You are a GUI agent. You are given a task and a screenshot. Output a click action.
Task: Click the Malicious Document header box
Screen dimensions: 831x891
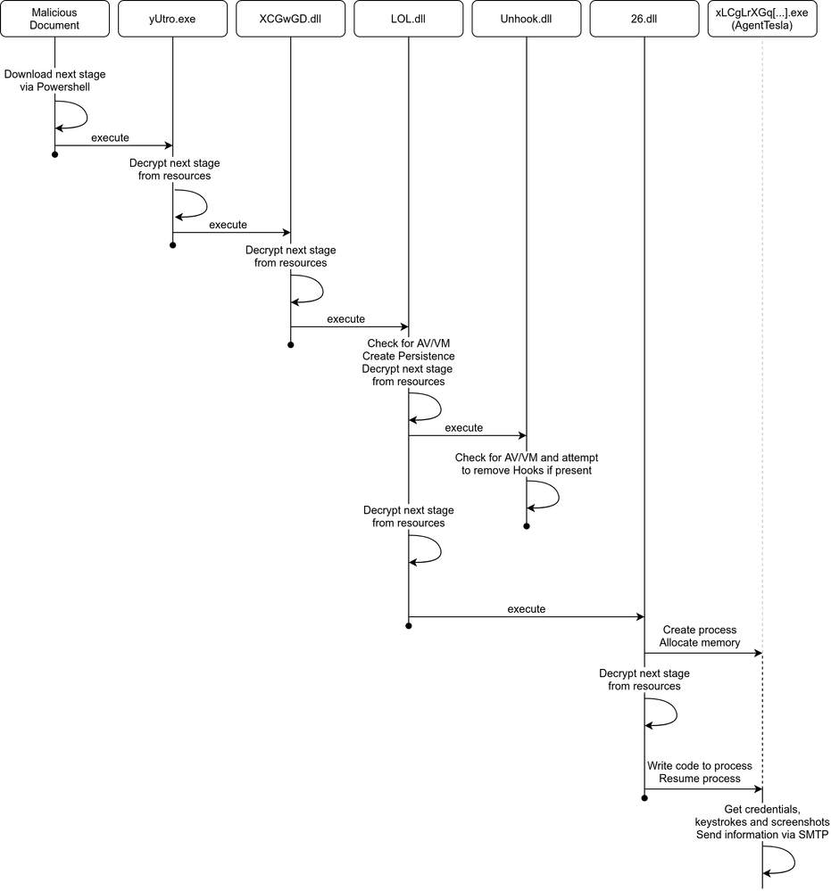[54, 19]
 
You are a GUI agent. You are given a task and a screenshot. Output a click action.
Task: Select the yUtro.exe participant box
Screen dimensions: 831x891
[172, 19]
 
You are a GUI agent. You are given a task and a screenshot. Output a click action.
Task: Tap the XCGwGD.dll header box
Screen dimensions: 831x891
[290, 19]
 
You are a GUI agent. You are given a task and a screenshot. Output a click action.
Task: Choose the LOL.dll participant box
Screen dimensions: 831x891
[408, 19]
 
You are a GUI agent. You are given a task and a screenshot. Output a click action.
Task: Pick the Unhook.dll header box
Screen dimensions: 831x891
[526, 19]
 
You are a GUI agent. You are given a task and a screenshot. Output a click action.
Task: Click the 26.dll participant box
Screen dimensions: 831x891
[644, 19]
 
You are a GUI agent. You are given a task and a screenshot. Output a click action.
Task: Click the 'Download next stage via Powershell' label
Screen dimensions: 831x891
[54, 80]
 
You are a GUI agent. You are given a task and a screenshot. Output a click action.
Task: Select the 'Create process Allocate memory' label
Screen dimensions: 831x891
[700, 636]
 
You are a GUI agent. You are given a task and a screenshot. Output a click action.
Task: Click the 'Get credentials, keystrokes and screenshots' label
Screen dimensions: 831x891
[761, 821]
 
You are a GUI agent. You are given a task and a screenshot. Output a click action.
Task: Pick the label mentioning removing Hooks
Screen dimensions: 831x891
[527, 464]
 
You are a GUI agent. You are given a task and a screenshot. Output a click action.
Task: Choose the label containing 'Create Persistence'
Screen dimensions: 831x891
[409, 362]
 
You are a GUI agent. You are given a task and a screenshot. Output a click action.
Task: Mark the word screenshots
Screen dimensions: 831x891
[800, 821]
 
